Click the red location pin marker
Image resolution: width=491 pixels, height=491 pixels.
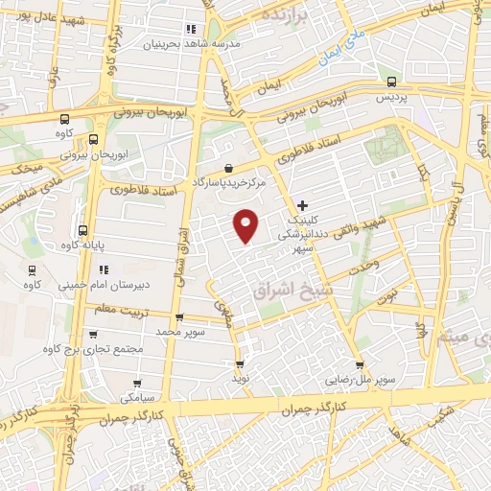[x=247, y=225]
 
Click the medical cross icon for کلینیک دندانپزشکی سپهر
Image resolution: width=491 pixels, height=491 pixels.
[x=303, y=205]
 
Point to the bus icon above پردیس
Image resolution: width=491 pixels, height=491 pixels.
[x=390, y=82]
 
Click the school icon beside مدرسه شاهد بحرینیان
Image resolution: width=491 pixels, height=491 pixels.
[x=192, y=29]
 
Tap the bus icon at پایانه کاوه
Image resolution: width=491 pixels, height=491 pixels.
[x=82, y=230]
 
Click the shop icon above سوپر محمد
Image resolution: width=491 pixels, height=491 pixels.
[x=179, y=317]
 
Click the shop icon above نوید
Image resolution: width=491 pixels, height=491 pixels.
[x=240, y=364]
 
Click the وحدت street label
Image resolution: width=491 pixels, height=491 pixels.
[x=364, y=264]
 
